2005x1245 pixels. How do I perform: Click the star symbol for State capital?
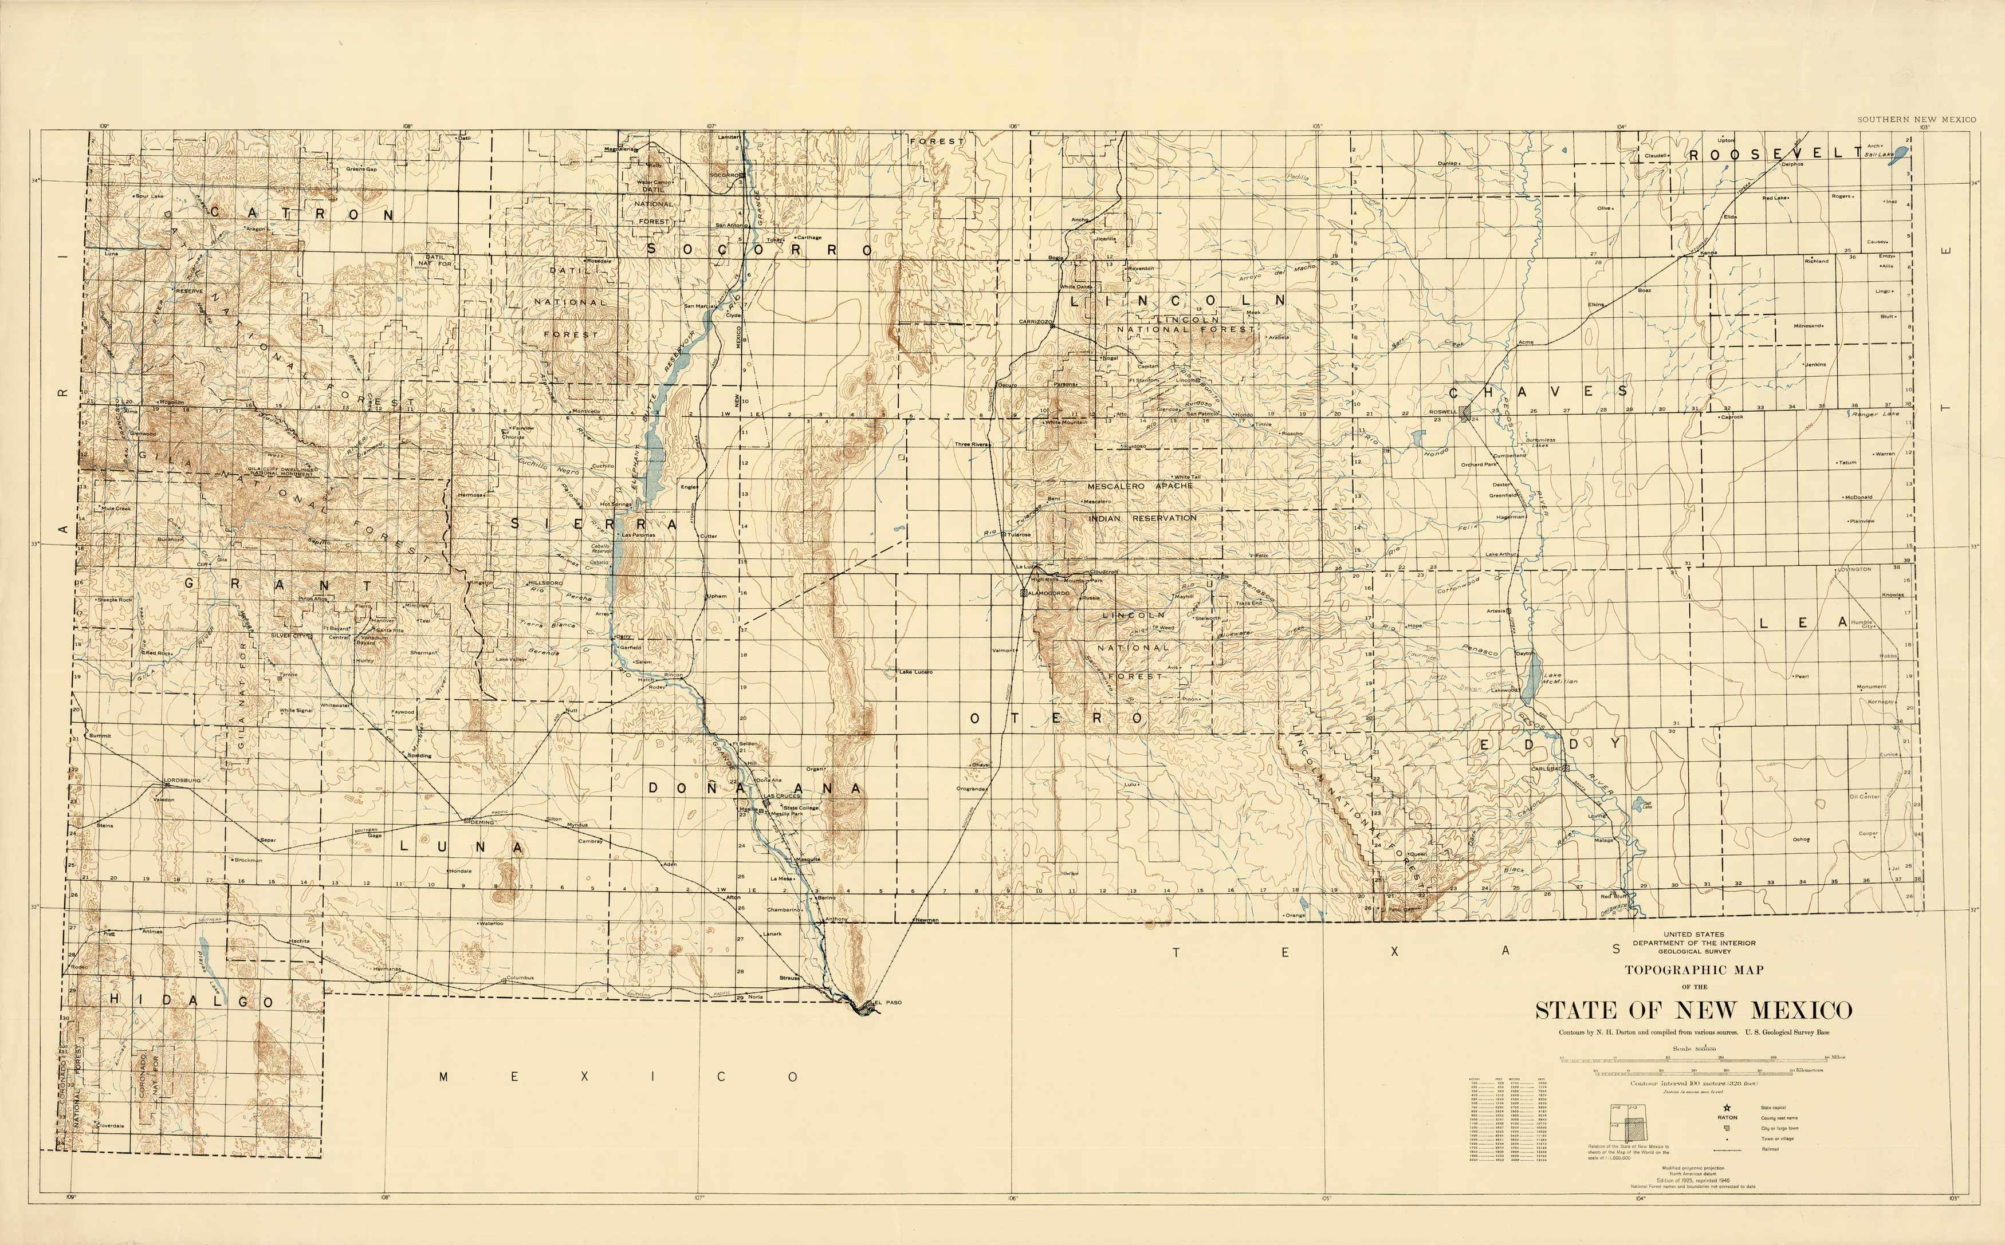(x=1727, y=1108)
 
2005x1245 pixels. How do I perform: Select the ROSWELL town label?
(x=1442, y=412)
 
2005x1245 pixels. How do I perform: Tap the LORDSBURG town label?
(x=182, y=780)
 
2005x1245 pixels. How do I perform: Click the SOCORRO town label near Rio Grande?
(x=725, y=175)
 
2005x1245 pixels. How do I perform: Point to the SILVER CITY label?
(x=288, y=636)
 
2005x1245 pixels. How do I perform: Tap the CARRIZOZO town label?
(x=1035, y=322)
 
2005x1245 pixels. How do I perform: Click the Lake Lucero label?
(x=915, y=672)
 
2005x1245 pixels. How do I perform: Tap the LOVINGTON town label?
(x=1854, y=569)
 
